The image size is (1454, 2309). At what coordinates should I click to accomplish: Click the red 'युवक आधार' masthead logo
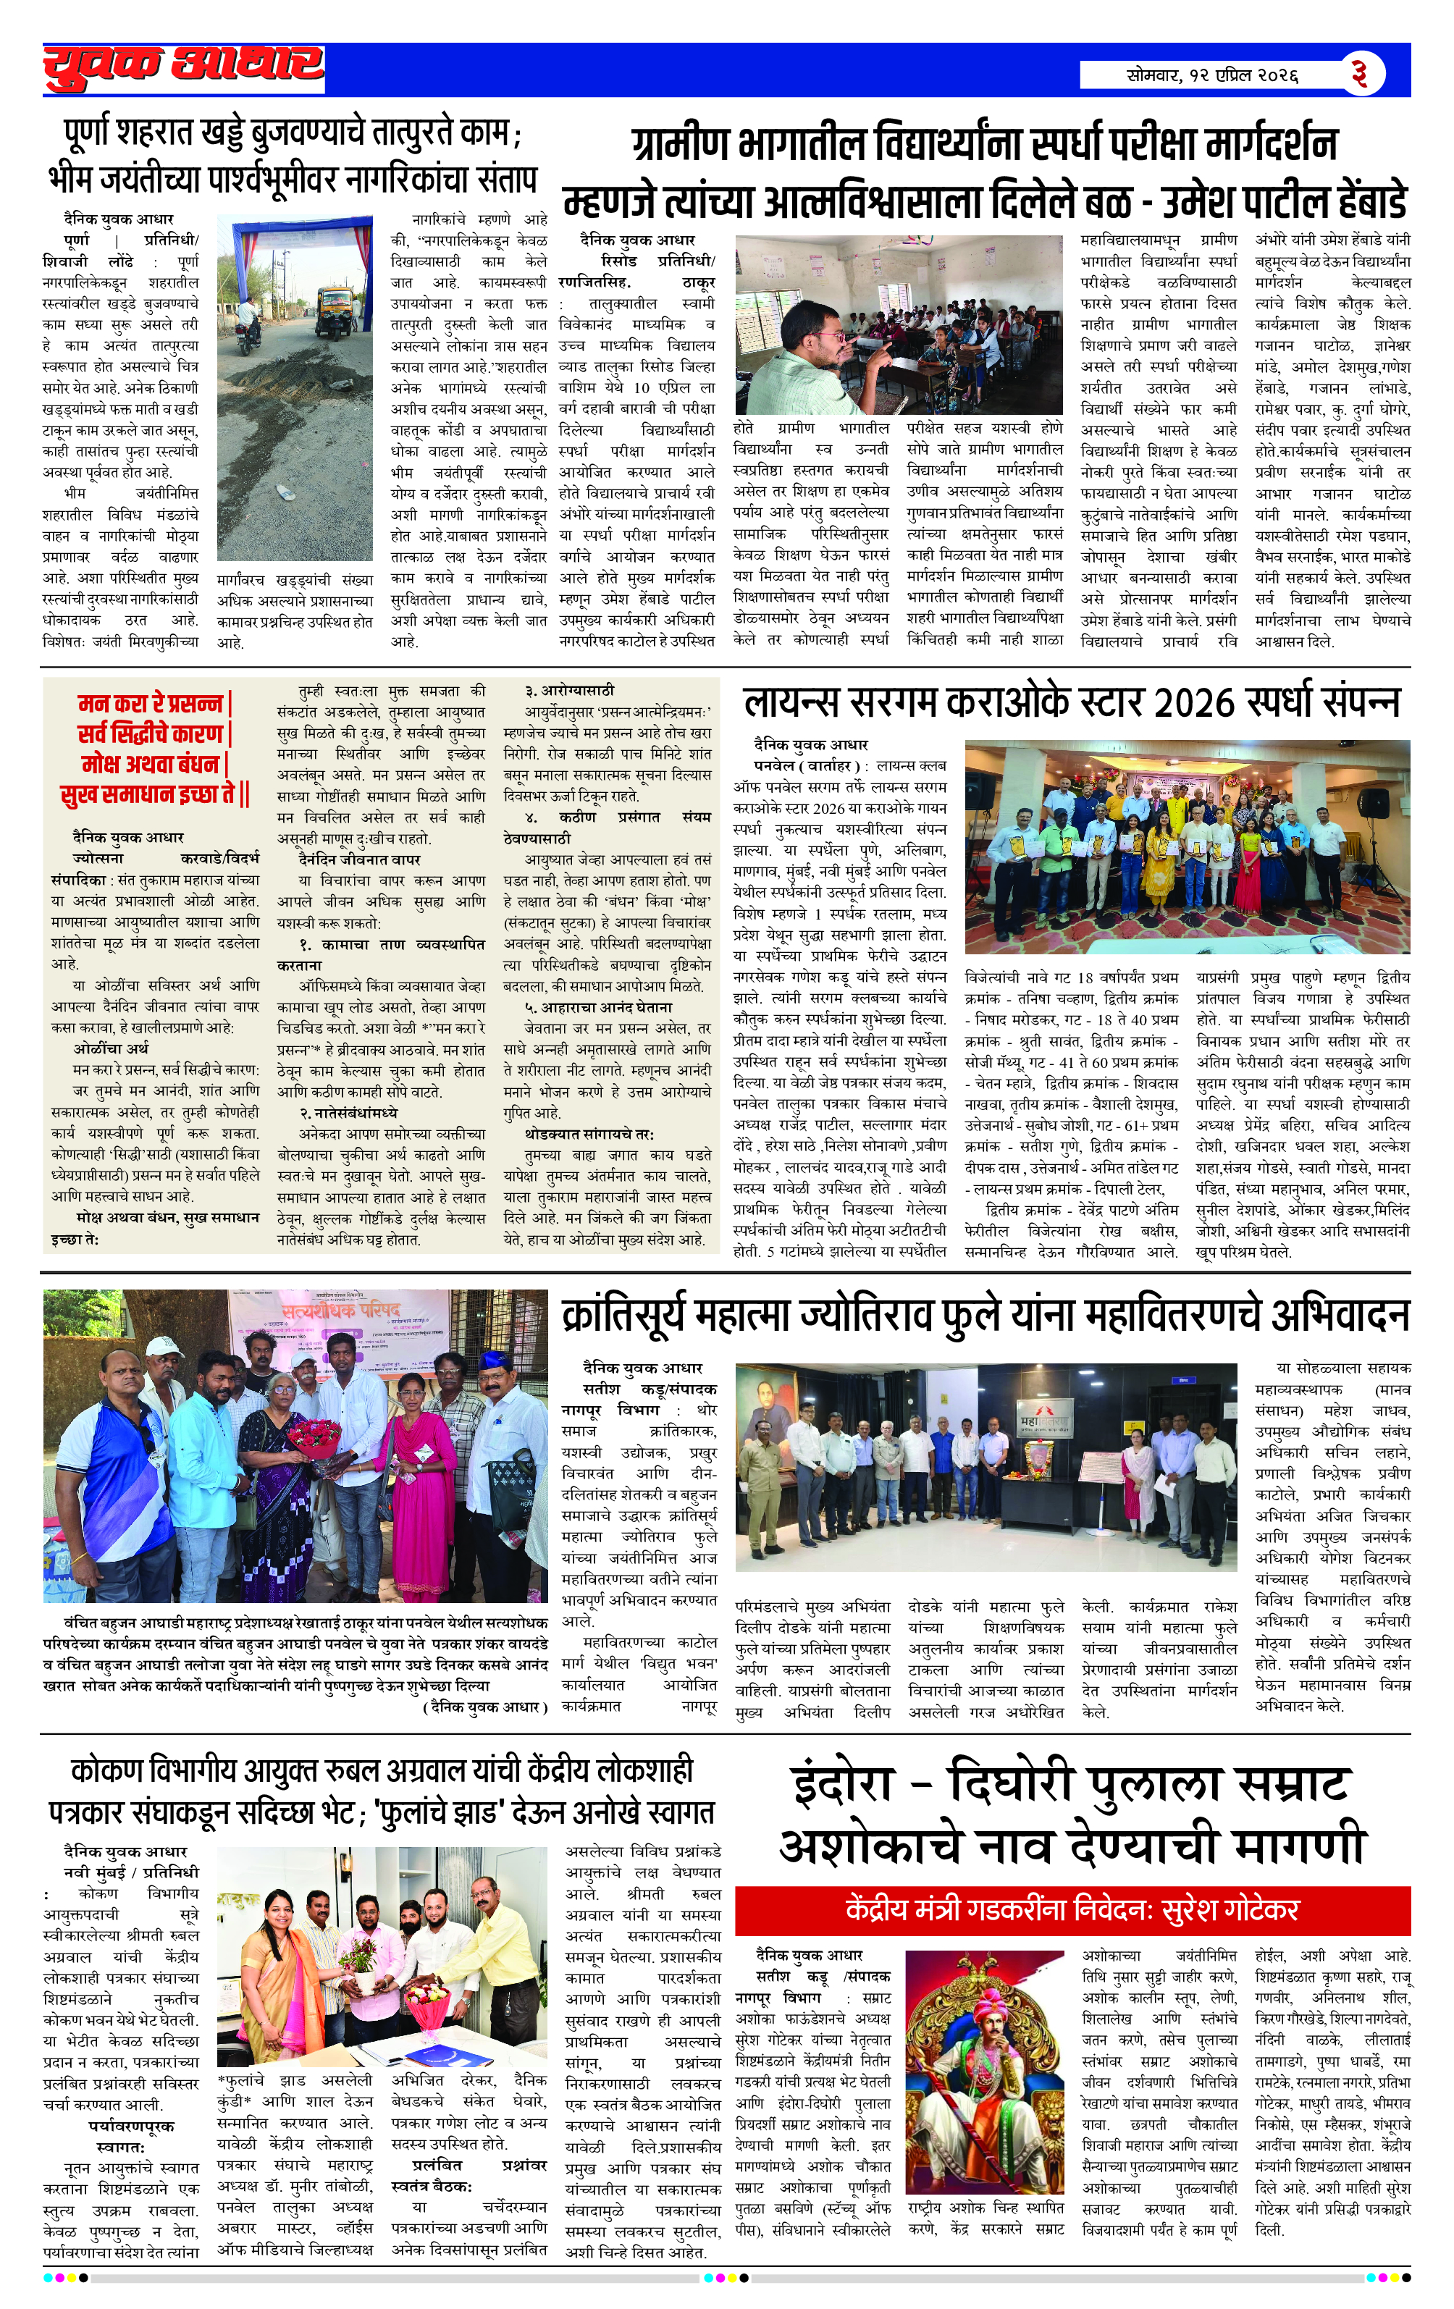click(x=183, y=67)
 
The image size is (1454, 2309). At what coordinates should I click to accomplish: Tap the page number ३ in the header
click(x=1358, y=73)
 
